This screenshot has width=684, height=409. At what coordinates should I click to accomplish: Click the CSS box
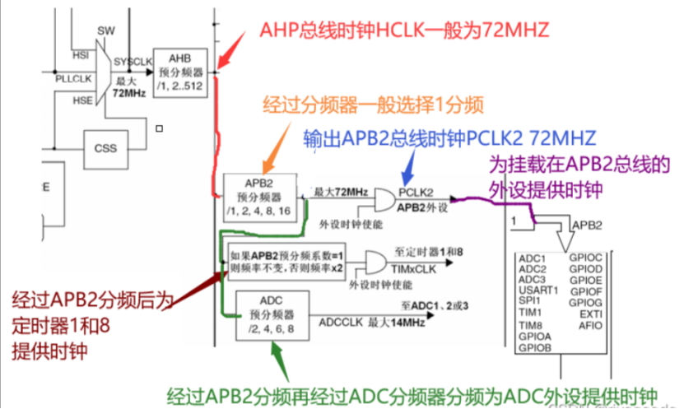(x=106, y=149)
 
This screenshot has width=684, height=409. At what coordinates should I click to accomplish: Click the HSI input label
(x=81, y=55)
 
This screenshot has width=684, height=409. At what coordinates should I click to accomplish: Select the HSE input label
(x=81, y=100)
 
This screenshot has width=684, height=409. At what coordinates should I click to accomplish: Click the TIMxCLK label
(x=416, y=269)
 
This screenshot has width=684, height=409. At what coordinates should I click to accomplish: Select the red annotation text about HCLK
(x=403, y=30)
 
